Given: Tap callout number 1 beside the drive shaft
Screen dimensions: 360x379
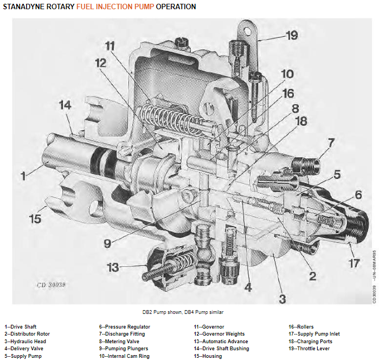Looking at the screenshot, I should (23, 175).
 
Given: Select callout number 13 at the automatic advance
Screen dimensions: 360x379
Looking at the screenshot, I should (113, 267).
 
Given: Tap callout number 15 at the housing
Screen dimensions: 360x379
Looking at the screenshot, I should (35, 219).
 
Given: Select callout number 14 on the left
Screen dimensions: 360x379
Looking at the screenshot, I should (66, 105).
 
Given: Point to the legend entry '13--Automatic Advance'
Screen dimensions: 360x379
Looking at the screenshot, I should (221, 342).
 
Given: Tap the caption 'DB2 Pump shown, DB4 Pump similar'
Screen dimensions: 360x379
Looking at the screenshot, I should (179, 312).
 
